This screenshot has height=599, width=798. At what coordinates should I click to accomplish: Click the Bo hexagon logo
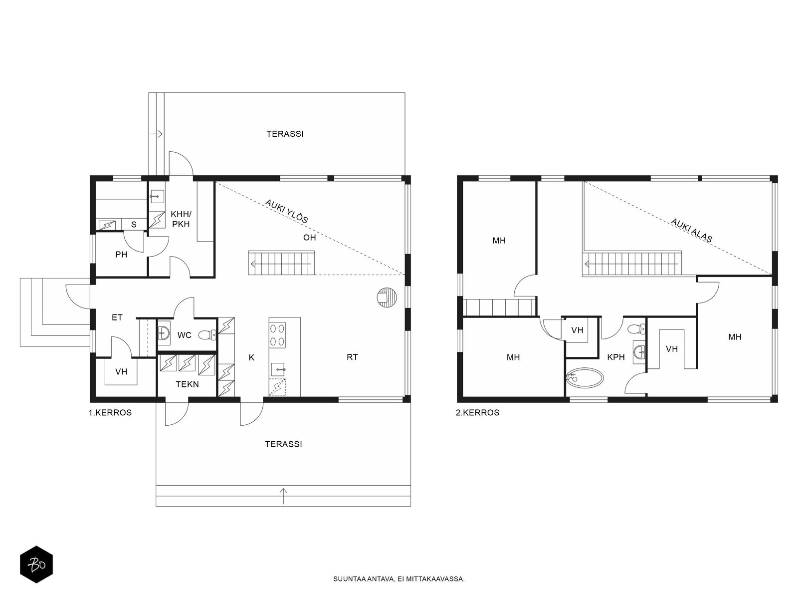(36, 564)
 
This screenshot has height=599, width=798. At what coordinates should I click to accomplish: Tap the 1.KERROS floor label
(110, 413)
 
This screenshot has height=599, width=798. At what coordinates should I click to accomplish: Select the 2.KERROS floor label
(477, 413)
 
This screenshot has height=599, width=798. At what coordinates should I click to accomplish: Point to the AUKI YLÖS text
(286, 211)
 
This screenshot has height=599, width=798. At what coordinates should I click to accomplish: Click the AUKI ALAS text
(691, 230)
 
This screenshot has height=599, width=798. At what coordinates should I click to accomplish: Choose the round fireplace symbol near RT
(387, 298)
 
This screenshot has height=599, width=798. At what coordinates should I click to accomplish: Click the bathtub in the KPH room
(585, 378)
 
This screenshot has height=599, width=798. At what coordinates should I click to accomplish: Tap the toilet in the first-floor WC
(207, 335)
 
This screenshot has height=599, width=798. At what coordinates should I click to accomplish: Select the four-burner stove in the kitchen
(277, 335)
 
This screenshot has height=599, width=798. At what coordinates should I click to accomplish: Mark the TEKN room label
(187, 384)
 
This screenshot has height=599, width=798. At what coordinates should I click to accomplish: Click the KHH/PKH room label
(181, 219)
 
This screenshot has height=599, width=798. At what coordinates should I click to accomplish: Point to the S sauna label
(134, 225)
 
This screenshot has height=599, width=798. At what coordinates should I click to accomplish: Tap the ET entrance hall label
(117, 317)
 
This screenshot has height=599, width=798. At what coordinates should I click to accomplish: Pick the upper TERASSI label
(285, 134)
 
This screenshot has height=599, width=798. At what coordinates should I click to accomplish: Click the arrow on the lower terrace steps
(283, 496)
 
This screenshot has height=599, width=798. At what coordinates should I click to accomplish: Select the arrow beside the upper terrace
(156, 134)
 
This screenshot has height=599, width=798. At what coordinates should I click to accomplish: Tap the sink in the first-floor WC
(164, 333)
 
